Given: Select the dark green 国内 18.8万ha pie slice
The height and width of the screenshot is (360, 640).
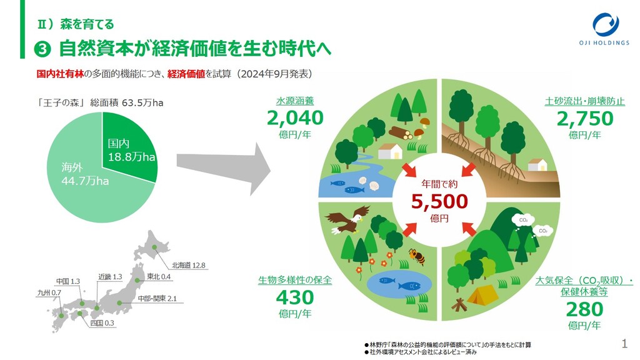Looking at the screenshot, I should [x=128, y=147].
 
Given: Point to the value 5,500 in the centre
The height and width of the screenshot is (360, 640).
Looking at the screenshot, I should [x=439, y=201].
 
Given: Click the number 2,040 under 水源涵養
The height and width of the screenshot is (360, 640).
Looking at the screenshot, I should [x=295, y=118].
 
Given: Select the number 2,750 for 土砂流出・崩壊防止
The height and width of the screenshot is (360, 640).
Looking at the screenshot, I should [x=585, y=118].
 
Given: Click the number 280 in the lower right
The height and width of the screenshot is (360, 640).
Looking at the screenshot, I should [x=585, y=309].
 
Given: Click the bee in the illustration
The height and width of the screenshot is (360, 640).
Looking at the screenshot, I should [x=416, y=256].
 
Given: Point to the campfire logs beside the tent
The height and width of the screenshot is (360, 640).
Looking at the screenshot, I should [x=459, y=304].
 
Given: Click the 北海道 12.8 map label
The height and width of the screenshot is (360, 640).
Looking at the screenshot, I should [x=189, y=265].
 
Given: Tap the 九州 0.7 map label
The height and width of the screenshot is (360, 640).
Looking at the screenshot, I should [x=47, y=292].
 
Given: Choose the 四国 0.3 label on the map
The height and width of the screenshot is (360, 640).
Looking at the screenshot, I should [x=102, y=322].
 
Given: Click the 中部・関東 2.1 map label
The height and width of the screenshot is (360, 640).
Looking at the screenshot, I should [x=158, y=298].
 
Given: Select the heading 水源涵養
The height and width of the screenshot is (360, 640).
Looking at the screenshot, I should [x=295, y=101].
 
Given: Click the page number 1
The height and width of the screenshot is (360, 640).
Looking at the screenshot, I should [x=624, y=343].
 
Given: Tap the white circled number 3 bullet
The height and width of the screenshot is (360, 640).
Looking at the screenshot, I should [x=45, y=49].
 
